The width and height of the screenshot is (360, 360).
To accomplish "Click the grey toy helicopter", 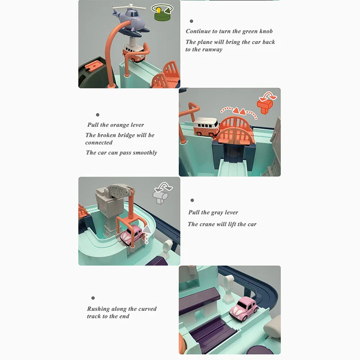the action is click(x=130, y=20).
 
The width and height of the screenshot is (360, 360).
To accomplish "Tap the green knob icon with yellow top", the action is click(x=162, y=12).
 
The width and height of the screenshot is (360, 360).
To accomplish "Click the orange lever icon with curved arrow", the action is click(x=266, y=103).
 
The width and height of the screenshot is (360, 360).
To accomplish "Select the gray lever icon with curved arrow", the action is click(x=162, y=193).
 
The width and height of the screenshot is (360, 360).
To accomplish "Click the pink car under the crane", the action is click(x=131, y=234).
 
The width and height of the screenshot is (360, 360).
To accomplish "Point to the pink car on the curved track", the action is click(x=244, y=308).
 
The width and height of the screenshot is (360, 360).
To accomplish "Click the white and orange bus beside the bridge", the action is click(x=206, y=127).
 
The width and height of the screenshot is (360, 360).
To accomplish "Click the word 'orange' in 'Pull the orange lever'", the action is click(x=119, y=125).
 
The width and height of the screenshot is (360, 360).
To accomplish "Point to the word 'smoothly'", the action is click(x=145, y=153).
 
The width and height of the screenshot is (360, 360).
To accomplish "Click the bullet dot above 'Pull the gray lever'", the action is click(x=192, y=200).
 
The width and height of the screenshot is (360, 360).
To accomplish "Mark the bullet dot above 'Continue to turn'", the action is click(x=191, y=21).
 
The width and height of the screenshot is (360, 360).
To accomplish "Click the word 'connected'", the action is click(x=99, y=143).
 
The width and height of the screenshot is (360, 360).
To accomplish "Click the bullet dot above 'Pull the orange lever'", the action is click(x=98, y=115).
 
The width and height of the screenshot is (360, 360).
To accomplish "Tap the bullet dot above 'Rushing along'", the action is click(x=93, y=298).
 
